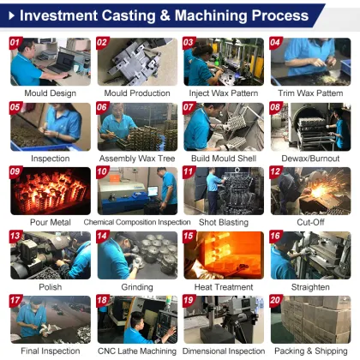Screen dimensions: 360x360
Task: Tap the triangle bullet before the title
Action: (9, 15)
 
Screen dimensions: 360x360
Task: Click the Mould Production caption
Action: (137, 93)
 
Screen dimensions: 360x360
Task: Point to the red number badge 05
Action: (15, 107)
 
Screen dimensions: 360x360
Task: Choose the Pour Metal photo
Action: (51, 190)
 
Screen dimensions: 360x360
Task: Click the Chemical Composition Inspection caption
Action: (137, 222)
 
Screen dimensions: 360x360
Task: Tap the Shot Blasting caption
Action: (223, 222)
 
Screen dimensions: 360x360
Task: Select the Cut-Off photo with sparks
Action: (309, 190)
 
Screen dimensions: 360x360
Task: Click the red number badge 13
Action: (15, 236)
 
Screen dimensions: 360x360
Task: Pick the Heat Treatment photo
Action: (223, 255)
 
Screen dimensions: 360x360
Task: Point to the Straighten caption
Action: (309, 287)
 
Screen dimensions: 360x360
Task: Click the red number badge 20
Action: (275, 301)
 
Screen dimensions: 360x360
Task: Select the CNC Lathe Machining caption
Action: (137, 351)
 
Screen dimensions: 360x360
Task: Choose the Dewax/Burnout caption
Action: (309, 158)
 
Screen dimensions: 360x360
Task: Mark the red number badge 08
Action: (275, 107)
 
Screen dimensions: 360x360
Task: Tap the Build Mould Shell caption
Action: (223, 158)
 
